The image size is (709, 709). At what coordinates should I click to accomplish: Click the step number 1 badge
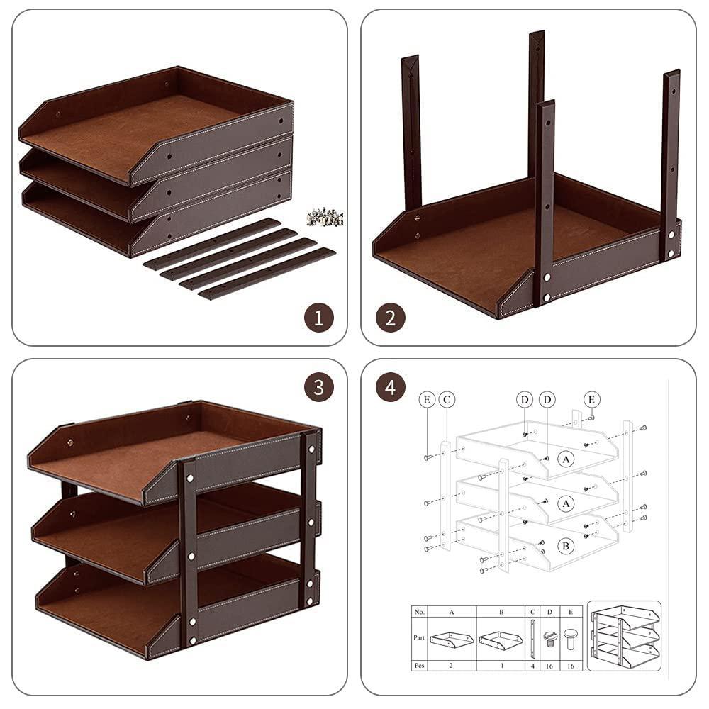[319, 317]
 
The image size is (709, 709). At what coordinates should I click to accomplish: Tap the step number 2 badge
[390, 317]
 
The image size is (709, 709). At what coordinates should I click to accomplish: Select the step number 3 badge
[319, 387]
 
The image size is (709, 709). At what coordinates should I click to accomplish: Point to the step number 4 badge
[390, 387]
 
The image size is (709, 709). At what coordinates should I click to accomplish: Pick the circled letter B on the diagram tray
[565, 547]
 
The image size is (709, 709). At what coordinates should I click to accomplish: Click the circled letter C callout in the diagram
[447, 400]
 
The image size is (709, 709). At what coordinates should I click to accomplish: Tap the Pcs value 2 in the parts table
[452, 666]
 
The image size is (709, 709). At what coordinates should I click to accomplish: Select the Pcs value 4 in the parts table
[532, 666]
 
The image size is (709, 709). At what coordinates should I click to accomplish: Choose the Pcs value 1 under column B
[501, 666]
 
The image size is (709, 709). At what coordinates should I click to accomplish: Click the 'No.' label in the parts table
[419, 610]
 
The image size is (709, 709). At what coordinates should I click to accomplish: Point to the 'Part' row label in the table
[419, 637]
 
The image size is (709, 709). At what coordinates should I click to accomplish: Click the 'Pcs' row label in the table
[419, 666]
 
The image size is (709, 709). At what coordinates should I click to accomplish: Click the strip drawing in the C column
[532, 637]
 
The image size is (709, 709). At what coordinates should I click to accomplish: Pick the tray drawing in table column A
[452, 640]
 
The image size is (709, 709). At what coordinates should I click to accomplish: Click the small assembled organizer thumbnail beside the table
[624, 636]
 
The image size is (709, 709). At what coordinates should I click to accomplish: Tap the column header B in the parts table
[501, 610]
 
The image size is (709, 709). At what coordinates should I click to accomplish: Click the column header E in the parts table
[569, 610]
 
